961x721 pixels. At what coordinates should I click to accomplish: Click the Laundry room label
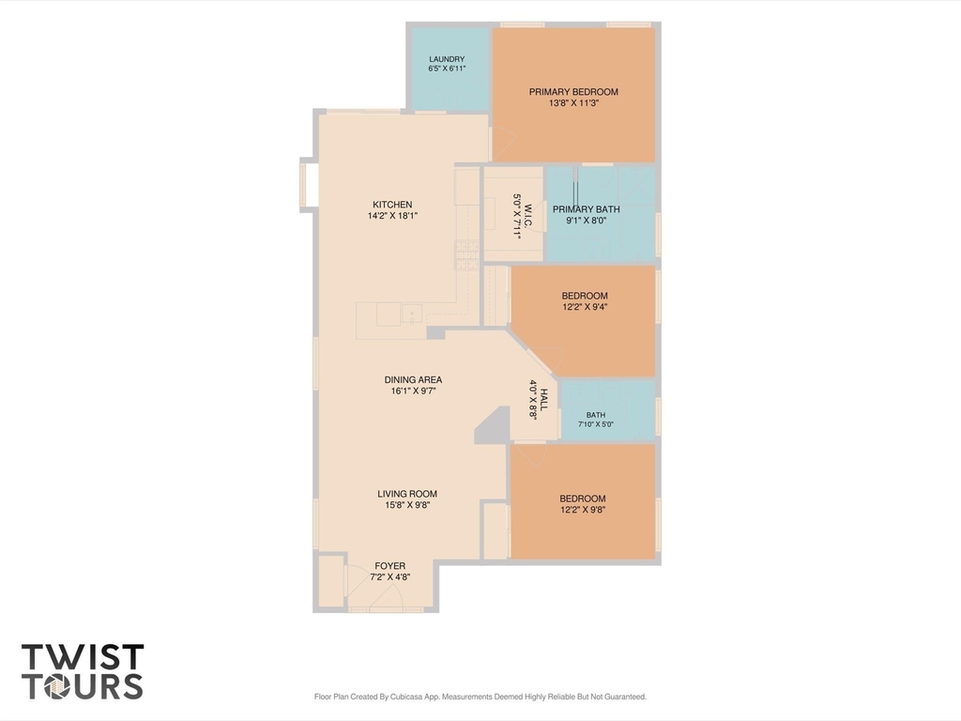pos(447,59)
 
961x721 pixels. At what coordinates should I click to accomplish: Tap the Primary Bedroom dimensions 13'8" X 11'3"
pos(573,103)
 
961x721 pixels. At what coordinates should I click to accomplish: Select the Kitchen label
pos(392,204)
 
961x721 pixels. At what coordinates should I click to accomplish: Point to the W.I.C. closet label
pos(527,218)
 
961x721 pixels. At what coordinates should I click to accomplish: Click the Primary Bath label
pos(586,209)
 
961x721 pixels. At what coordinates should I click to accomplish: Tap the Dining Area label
pos(413,379)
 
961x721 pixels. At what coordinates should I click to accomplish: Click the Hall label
pos(544,399)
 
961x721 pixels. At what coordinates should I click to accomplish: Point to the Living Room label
pos(407,494)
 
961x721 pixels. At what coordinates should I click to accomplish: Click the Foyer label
pos(389,566)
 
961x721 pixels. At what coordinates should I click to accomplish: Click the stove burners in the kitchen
pos(466,255)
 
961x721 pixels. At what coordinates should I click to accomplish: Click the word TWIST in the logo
pos(83,657)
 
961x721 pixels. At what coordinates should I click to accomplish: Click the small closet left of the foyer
pos(331,581)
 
